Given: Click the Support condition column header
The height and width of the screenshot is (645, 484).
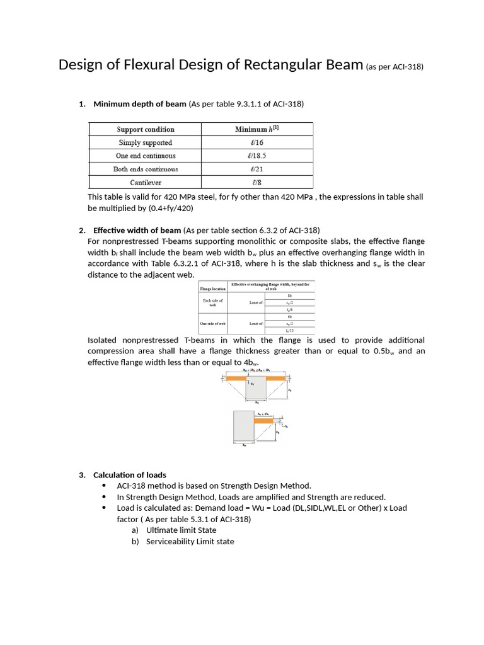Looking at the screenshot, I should (146, 130).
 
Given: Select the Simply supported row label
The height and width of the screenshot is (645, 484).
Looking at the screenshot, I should (146, 143).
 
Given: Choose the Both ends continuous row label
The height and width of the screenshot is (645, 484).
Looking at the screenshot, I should (146, 169).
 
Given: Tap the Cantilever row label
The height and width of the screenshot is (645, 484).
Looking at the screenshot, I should (146, 183).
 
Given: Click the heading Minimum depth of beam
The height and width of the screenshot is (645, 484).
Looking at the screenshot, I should (139, 104).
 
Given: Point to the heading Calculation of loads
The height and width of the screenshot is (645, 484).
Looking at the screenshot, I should (129, 474).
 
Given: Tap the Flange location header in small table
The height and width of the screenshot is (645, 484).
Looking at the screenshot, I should (212, 288).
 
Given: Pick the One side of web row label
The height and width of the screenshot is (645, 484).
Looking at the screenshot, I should (212, 323).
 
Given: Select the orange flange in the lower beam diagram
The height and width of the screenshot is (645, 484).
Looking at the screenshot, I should (263, 420).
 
